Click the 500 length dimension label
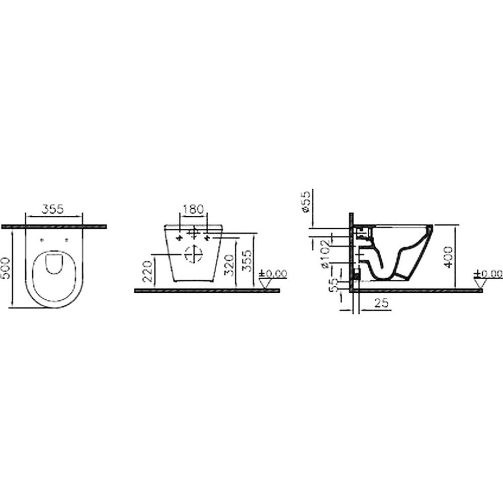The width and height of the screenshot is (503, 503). click(x=6, y=268)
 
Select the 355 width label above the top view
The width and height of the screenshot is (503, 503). click(x=53, y=209)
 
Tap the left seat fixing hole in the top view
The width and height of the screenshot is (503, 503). click(x=42, y=239)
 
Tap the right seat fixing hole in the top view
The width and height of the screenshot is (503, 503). click(x=67, y=239)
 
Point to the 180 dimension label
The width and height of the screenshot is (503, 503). click(x=194, y=209)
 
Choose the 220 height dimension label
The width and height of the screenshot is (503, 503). click(x=147, y=272)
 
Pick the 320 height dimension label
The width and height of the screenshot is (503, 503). click(x=229, y=265)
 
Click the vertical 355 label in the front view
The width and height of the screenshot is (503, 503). click(x=246, y=261)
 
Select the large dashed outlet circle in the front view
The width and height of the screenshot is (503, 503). click(x=194, y=254)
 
